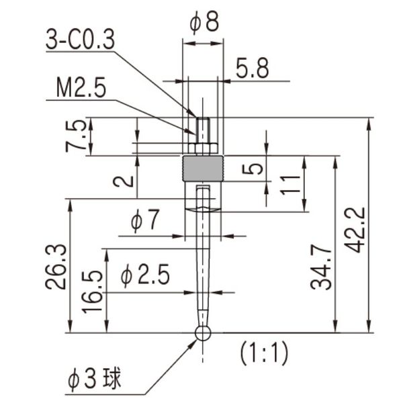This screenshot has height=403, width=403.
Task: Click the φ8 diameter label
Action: pyautogui.click(x=204, y=23)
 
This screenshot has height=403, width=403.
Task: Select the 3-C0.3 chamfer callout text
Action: pyautogui.click(x=80, y=40)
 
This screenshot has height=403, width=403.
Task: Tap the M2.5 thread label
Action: pyautogui.click(x=81, y=88)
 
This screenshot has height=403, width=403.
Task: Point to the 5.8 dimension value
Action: pyautogui.click(x=253, y=69)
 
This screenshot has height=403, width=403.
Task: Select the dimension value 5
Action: pyautogui.click(x=253, y=169)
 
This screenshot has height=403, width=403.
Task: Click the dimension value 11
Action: pyautogui.click(x=290, y=185)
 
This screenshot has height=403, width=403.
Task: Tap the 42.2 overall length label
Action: pyautogui.click(x=355, y=230)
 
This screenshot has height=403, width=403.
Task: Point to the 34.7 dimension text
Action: pyautogui.click(x=321, y=269)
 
